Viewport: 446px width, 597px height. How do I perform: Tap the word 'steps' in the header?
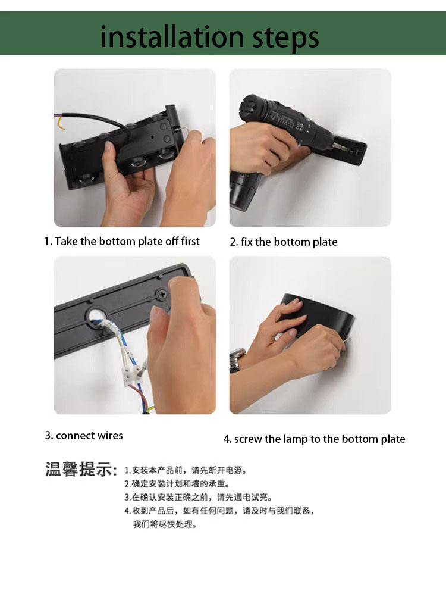click(285, 38)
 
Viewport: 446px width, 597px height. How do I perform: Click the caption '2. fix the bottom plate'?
click(284, 242)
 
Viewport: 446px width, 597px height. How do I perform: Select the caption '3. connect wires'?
click(84, 435)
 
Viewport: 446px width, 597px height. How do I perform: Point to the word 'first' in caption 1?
click(190, 241)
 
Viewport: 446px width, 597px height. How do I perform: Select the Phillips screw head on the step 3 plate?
click(162, 294)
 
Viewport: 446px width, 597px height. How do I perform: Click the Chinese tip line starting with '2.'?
click(177, 484)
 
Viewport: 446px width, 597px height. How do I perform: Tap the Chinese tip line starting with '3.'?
click(198, 497)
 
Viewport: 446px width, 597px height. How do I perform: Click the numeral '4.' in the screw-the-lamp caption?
click(228, 439)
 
